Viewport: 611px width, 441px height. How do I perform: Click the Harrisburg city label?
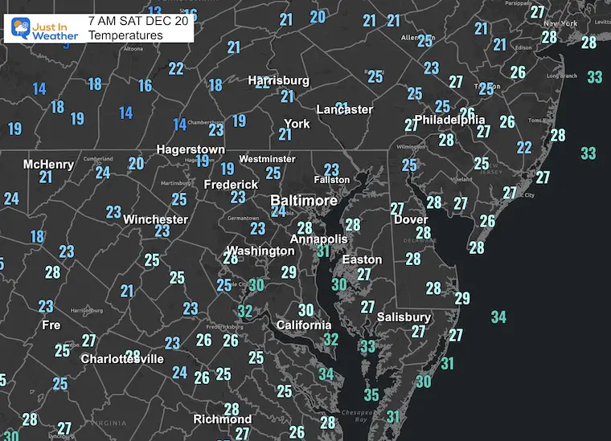pyautogui.click(x=278, y=80)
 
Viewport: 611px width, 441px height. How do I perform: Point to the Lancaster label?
pyautogui.click(x=344, y=109)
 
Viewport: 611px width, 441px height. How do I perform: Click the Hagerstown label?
pyautogui.click(x=191, y=149)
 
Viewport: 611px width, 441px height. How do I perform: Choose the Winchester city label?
pyautogui.click(x=155, y=218)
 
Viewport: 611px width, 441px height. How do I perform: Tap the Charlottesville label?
pyautogui.click(x=122, y=359)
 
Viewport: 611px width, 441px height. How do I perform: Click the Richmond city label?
pyautogui.click(x=222, y=419)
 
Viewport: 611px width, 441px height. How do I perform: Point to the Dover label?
pyautogui.click(x=410, y=219)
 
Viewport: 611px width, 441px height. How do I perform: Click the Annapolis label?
pyautogui.click(x=318, y=239)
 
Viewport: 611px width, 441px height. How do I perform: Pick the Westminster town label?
pyautogui.click(x=267, y=159)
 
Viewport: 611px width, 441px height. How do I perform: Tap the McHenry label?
pyautogui.click(x=48, y=165)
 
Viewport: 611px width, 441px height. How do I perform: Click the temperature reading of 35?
pyautogui.click(x=371, y=394)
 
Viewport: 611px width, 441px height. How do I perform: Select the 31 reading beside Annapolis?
pyautogui.click(x=323, y=252)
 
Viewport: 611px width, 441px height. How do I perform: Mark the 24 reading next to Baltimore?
pyautogui.click(x=278, y=211)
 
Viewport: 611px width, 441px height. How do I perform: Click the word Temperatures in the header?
pyautogui.click(x=125, y=35)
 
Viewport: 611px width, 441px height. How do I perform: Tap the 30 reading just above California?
pyautogui.click(x=305, y=310)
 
